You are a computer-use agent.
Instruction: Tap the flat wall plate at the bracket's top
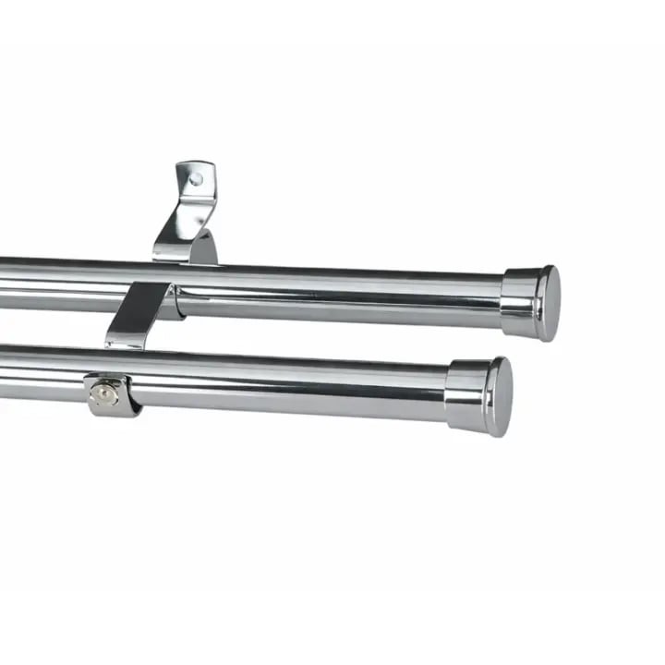[198, 182]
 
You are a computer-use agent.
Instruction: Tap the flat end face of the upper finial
[550, 303]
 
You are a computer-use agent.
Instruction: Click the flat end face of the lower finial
[501, 396]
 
